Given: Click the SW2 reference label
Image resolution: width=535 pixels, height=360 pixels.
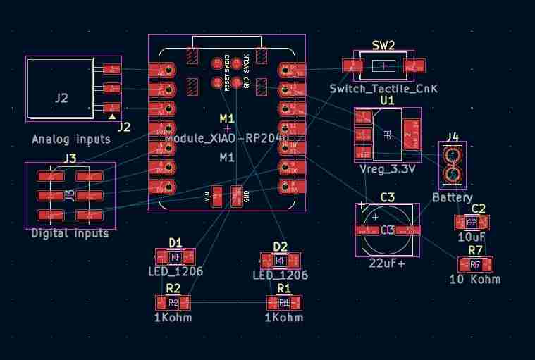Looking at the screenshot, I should tap(383, 45).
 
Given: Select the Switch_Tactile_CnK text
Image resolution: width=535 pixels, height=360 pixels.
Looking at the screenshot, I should tap(383, 89).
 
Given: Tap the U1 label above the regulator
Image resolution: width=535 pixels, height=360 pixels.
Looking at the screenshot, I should tap(387, 101).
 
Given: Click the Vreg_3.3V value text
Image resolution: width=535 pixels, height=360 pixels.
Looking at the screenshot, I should tap(387, 169).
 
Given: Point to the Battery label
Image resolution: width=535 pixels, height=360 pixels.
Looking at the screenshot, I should tap(452, 198).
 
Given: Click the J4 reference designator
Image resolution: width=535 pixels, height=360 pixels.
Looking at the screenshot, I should tap(452, 136).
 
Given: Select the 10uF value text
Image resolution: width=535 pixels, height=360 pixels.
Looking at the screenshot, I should tap(472, 237).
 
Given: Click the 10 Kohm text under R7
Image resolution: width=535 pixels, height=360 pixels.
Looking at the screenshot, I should tap(474, 280).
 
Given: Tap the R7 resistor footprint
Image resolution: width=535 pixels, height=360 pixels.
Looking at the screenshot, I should tap(475, 265).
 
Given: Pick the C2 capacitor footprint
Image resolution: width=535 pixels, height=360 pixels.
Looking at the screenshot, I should tap(472, 223).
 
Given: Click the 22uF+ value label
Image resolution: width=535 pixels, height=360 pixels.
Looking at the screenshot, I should tap(387, 264).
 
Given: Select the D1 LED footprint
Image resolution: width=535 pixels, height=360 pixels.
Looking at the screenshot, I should tap(175, 257).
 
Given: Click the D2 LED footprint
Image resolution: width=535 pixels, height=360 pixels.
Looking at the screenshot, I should tap(280, 261).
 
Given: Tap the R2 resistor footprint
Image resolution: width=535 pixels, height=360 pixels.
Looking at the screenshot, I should tap(173, 303).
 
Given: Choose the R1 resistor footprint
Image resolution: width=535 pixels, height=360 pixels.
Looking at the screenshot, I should tap(284, 303).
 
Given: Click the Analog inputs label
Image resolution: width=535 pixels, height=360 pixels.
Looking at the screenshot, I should tap(71, 139).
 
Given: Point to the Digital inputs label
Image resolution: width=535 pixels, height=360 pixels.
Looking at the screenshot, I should tap(70, 233).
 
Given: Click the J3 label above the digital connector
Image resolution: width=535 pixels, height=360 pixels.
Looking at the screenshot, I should tap(70, 159).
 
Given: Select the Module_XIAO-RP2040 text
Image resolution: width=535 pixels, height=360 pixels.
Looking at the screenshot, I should tap(227, 138).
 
